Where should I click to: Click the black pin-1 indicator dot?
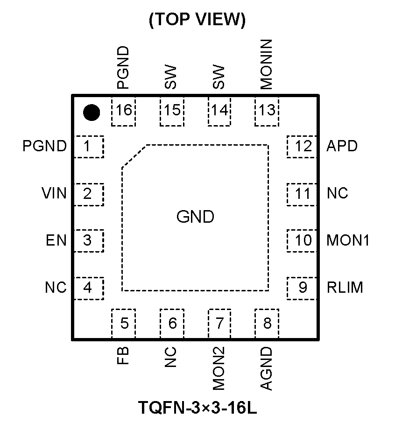click(x=91, y=112)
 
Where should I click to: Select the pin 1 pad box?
click(x=88, y=147)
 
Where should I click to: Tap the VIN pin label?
click(x=54, y=193)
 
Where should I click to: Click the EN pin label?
click(x=56, y=241)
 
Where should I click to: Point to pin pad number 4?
click(x=88, y=288)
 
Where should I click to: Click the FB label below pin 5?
click(x=123, y=356)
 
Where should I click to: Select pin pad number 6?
click(x=172, y=323)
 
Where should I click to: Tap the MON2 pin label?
click(x=219, y=369)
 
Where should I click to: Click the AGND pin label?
click(x=266, y=368)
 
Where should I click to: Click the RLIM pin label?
click(x=345, y=287)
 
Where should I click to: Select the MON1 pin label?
click(x=348, y=240)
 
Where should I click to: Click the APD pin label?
click(x=342, y=146)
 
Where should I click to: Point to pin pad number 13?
click(x=267, y=111)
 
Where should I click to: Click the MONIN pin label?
click(x=266, y=65)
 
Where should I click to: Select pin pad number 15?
click(x=172, y=111)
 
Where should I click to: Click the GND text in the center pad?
click(x=195, y=217)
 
